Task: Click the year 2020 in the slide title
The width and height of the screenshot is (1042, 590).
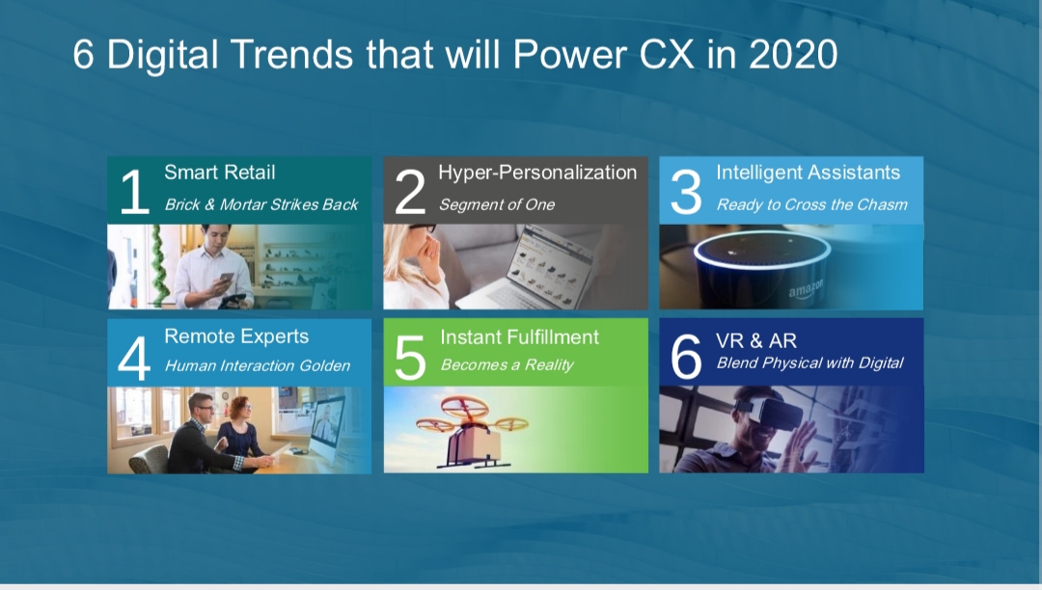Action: pos(793,54)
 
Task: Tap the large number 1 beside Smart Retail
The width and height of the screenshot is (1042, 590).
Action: pos(135,192)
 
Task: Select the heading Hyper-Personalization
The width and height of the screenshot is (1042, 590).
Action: pos(537,173)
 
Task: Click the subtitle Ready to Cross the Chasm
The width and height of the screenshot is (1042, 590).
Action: pos(811,204)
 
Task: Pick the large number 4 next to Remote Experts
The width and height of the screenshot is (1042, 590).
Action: pos(133,358)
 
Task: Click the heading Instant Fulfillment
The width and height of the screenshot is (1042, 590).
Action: pos(519,337)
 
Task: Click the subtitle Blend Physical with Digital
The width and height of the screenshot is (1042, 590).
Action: pos(809,363)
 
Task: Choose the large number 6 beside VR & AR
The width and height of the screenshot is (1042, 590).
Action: pos(686,357)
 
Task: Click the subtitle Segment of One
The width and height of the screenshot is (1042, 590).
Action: pos(497,204)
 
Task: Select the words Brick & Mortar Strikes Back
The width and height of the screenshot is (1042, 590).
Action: pos(261,204)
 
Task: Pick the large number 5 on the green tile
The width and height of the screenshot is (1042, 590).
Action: pos(410,357)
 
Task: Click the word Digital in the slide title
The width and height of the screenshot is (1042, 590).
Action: pos(162,54)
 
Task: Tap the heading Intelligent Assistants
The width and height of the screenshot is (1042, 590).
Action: pos(808,173)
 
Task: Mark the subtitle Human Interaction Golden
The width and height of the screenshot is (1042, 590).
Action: pos(258,365)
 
